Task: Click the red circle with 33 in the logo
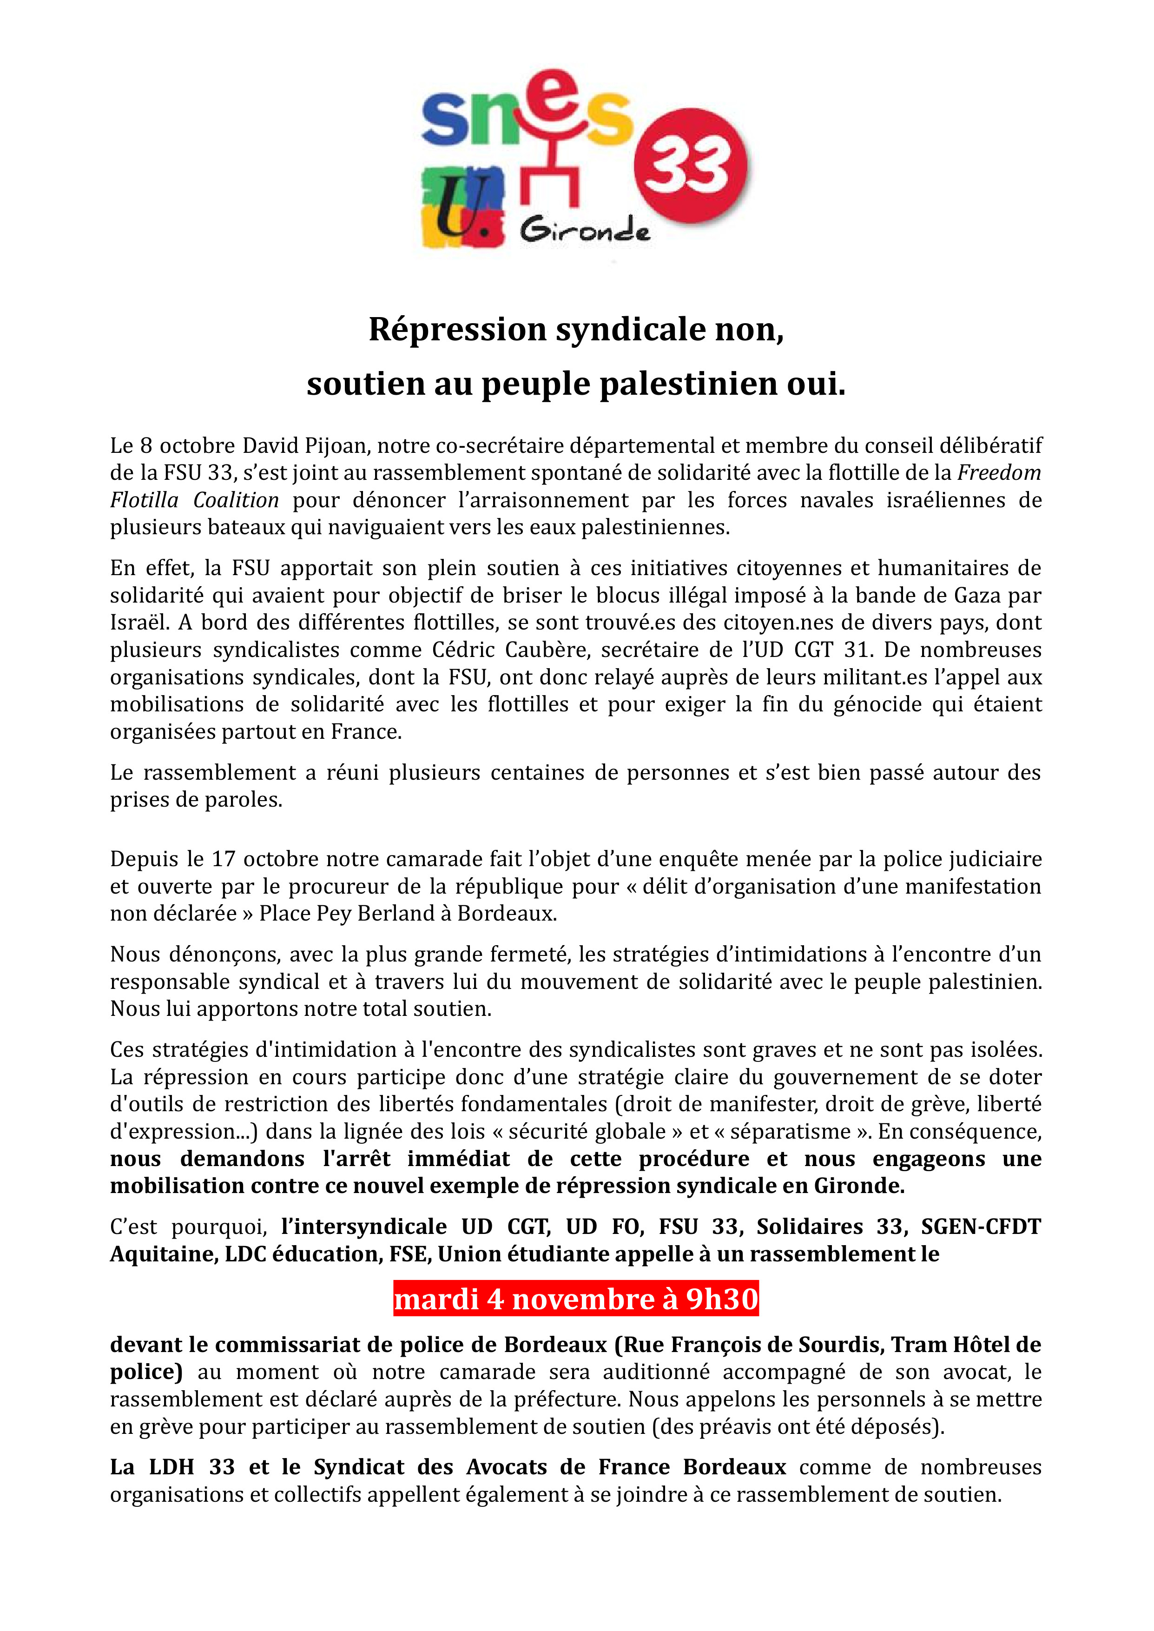pos(690,165)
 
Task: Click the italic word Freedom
pos(999,472)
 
